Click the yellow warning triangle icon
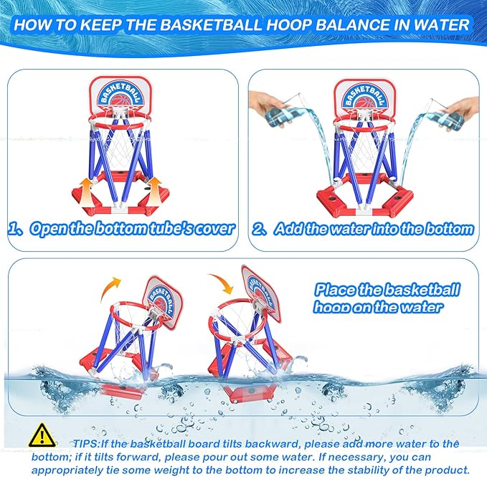(42, 435)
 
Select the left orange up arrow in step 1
(87, 192)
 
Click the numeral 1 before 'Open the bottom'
(14, 229)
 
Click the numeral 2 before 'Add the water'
(257, 230)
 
